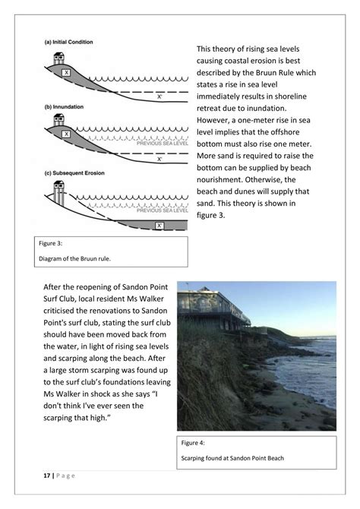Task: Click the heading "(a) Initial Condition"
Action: pos(69,42)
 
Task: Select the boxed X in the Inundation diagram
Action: pos(67,134)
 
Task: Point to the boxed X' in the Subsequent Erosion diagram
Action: pos(159,226)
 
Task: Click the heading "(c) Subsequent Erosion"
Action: pos(74,172)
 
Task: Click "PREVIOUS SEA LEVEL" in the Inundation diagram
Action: pos(161,141)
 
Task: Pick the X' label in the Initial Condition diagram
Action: pos(159,96)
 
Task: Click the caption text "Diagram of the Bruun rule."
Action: pos(74,258)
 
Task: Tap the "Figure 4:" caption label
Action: pos(194,441)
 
